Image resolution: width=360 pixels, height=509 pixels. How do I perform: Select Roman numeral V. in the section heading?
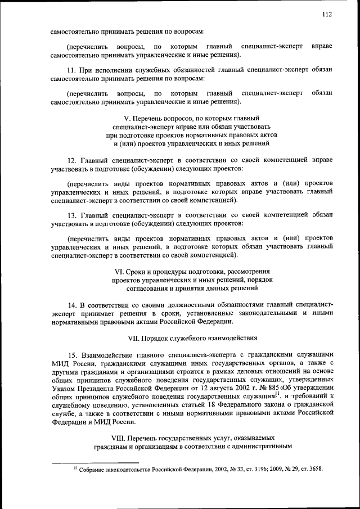click(x=127, y=119)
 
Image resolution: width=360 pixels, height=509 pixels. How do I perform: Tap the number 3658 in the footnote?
click(x=314, y=469)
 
